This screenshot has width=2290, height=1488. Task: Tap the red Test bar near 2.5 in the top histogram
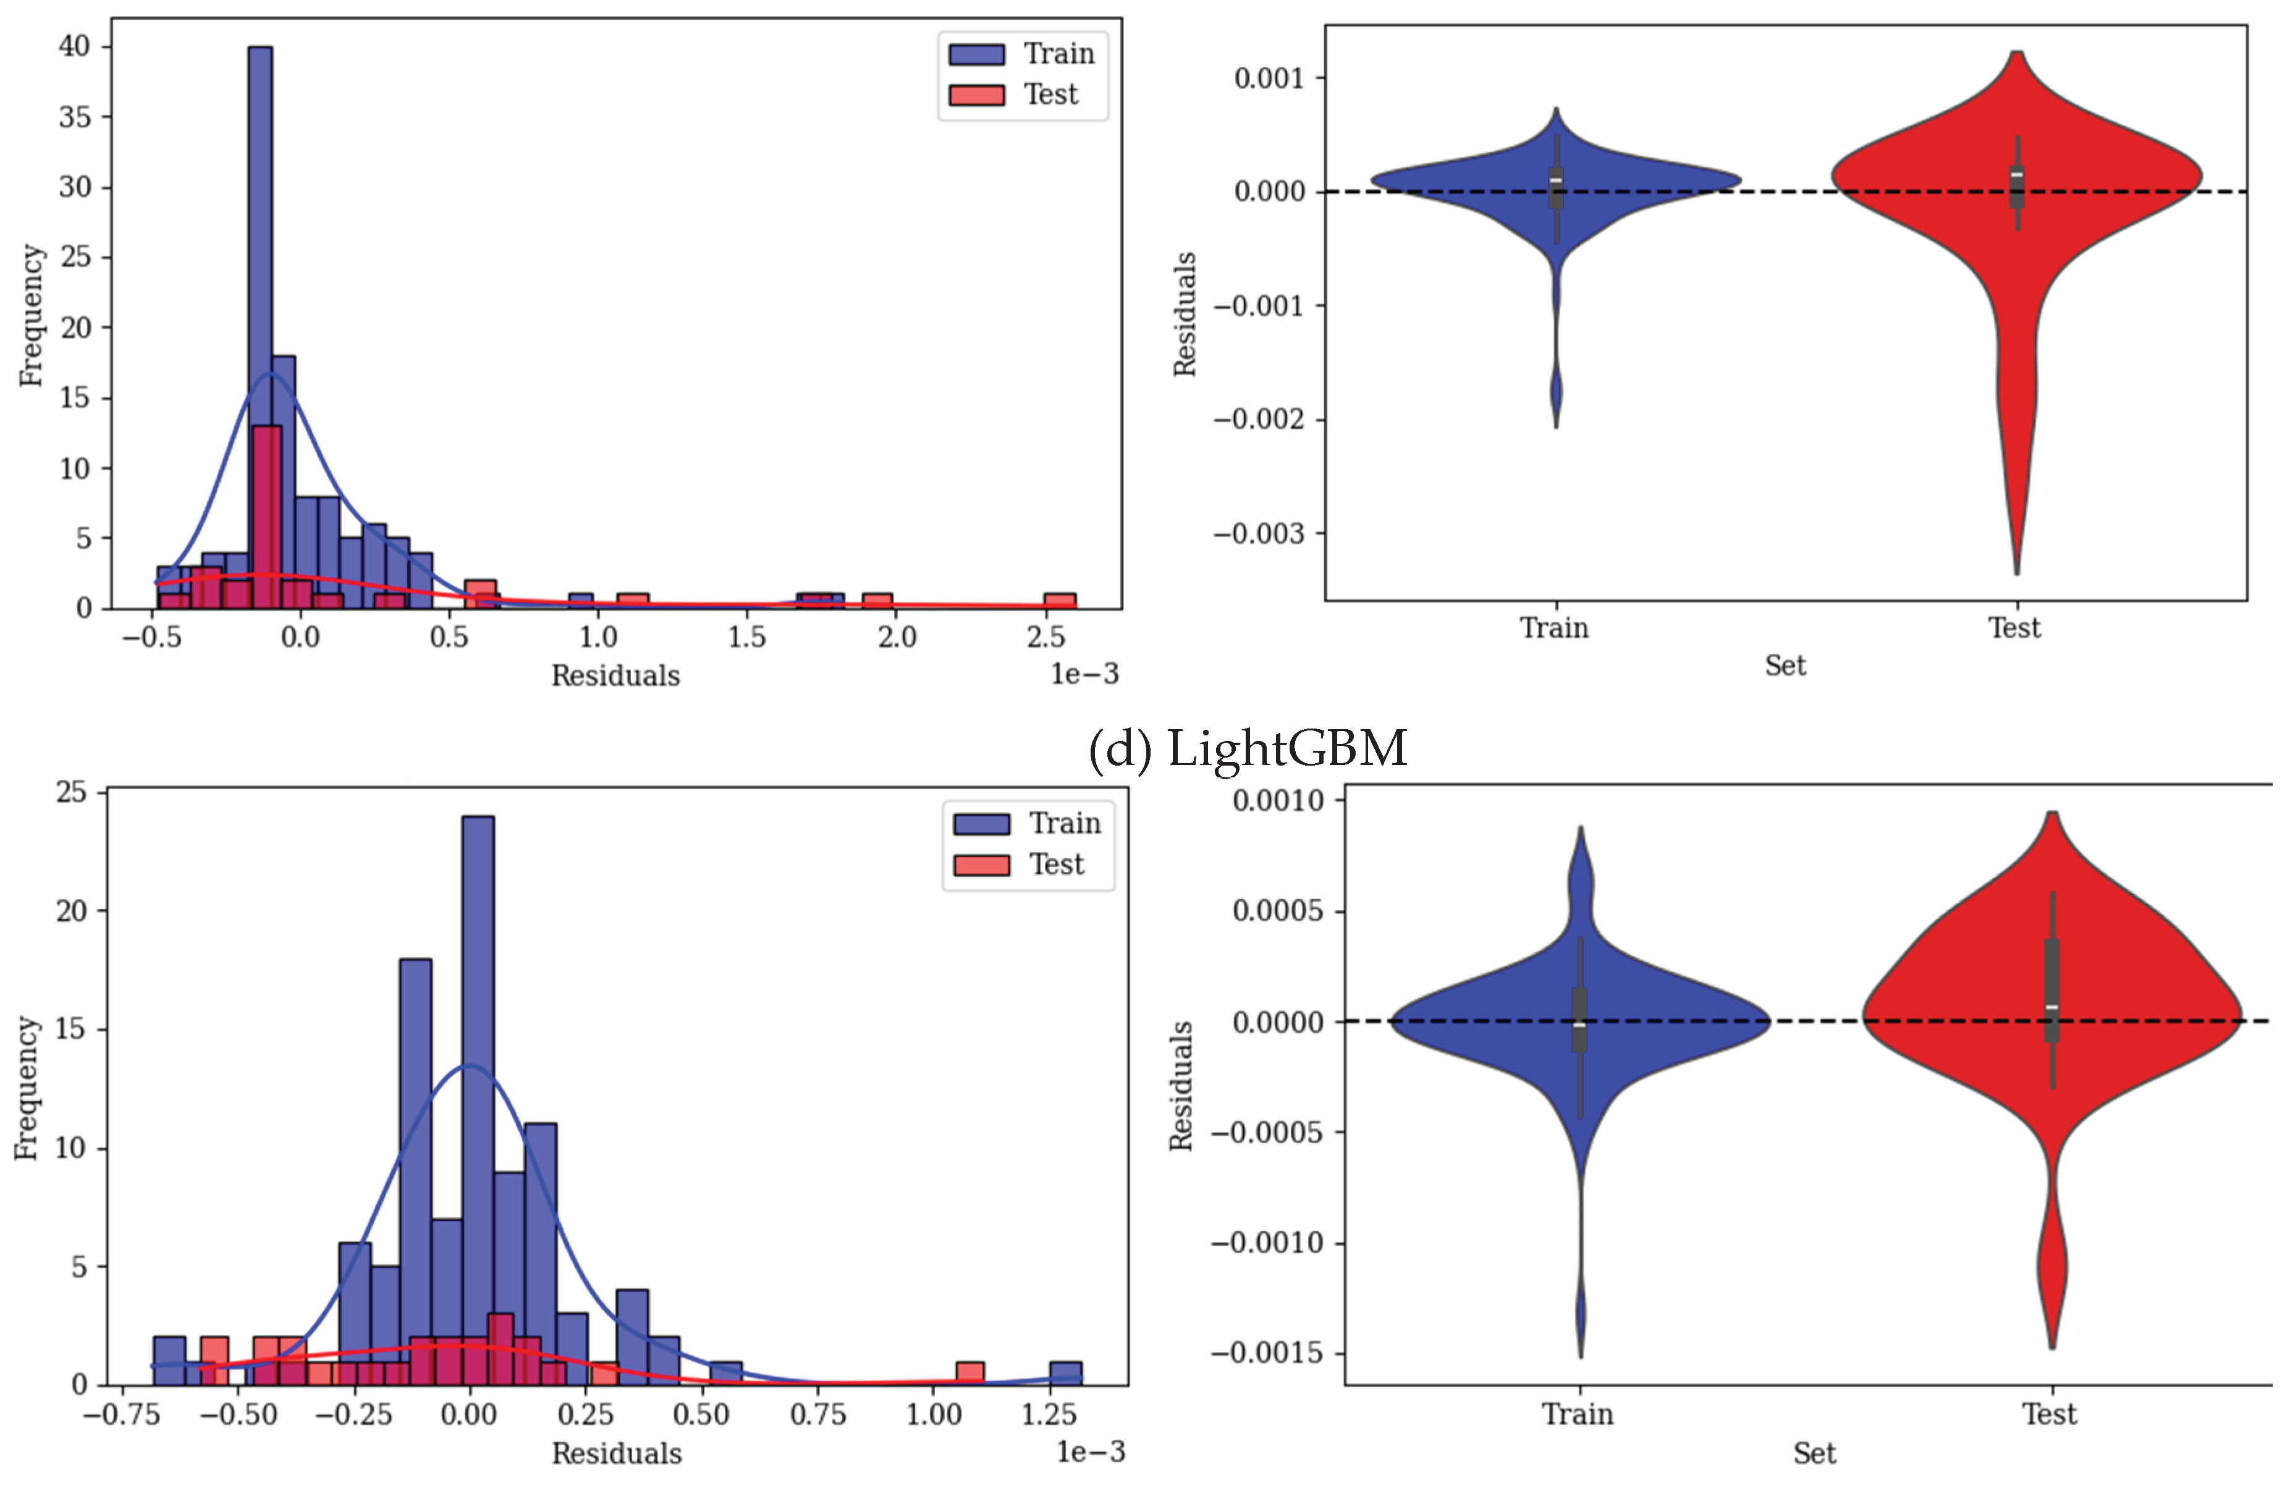(x=1059, y=601)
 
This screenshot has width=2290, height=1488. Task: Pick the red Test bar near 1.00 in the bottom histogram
(x=970, y=1374)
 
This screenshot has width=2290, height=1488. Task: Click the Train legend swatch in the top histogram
(x=976, y=54)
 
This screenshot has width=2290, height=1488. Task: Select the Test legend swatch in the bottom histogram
(x=981, y=865)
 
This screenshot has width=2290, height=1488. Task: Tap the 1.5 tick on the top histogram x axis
(x=746, y=637)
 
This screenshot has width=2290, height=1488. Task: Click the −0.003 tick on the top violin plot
(x=1259, y=533)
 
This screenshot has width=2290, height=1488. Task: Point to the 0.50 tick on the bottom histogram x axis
(x=701, y=1415)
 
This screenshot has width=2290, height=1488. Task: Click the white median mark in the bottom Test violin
(x=2051, y=1007)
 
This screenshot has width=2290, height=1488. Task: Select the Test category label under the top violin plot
(x=2014, y=628)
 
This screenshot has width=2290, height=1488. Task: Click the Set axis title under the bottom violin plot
(x=1814, y=1453)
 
